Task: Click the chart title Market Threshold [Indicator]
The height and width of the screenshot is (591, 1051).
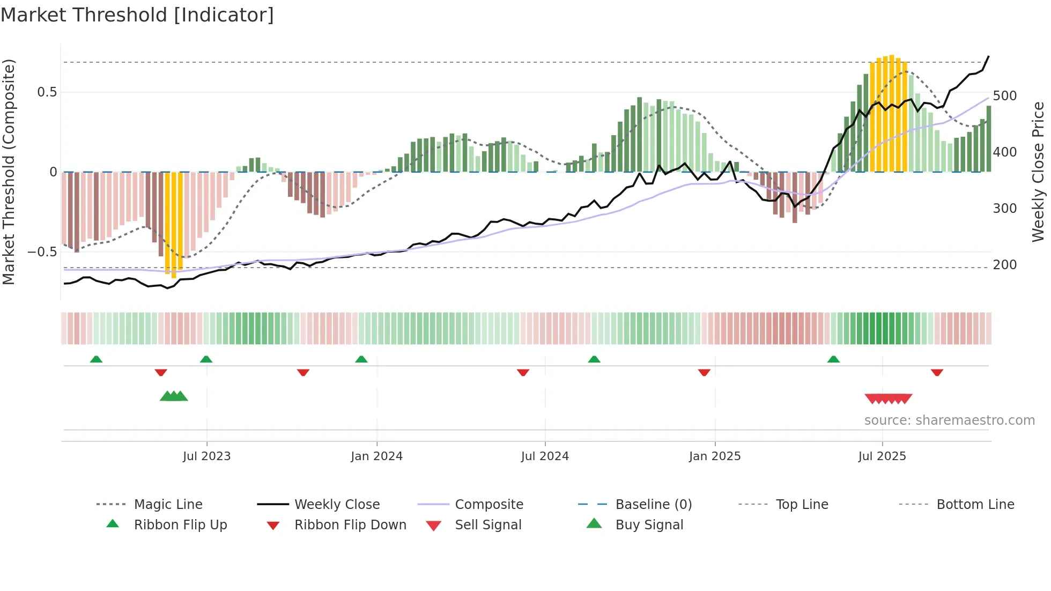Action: click(137, 15)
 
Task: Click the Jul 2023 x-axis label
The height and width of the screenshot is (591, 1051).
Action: click(206, 456)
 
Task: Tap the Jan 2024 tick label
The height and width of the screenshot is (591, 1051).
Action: click(376, 456)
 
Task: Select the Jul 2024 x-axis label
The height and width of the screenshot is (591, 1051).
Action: click(545, 456)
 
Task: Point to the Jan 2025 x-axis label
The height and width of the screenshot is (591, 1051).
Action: click(715, 456)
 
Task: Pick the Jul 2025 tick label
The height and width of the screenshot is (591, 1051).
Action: click(882, 456)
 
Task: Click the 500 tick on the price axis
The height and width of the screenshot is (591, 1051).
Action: click(1004, 96)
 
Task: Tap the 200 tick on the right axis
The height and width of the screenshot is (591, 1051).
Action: click(1004, 265)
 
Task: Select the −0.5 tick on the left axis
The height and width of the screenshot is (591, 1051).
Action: click(42, 252)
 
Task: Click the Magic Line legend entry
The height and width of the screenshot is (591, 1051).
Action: click(168, 505)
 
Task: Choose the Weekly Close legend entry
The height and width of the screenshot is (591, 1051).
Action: click(337, 505)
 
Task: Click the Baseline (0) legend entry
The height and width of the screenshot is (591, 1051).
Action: click(653, 505)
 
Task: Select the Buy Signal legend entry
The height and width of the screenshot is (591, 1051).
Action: click(649, 525)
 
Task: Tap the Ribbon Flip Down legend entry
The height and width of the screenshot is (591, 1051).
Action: click(350, 525)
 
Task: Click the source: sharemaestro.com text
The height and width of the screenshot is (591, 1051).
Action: click(949, 420)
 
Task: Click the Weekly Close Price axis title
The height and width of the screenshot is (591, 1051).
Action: click(1038, 172)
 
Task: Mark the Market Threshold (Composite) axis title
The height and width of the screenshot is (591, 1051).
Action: click(9, 172)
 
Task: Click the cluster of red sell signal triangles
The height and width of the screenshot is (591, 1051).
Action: click(888, 398)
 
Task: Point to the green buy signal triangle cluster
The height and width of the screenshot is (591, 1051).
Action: click(174, 396)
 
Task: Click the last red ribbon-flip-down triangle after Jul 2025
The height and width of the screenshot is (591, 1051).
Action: click(937, 372)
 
